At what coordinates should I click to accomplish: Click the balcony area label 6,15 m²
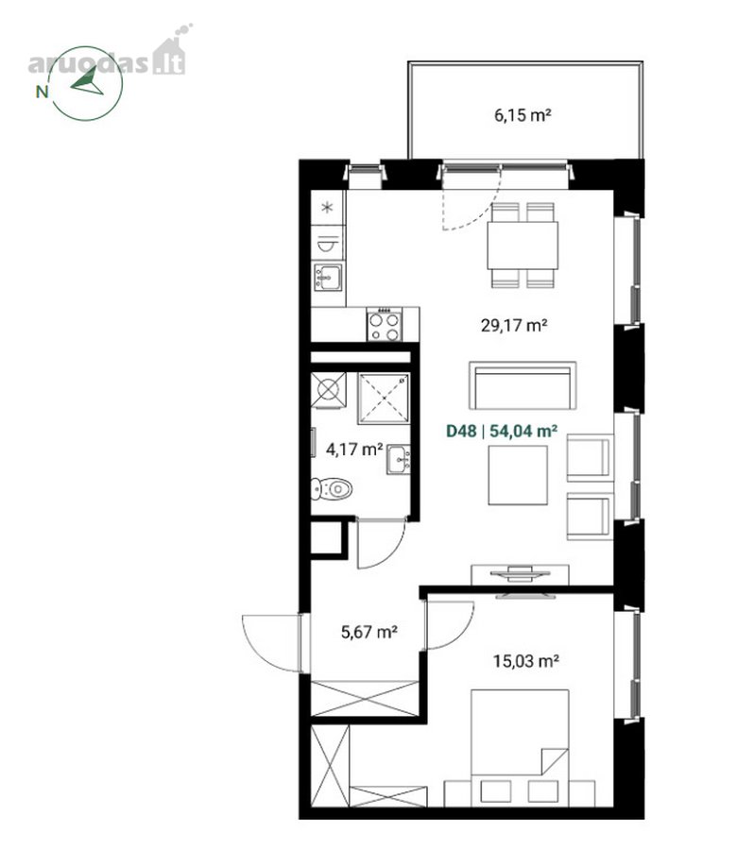523,115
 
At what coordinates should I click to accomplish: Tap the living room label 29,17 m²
514,325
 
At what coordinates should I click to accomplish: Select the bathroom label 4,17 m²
354,450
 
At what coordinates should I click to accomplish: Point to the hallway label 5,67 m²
369,632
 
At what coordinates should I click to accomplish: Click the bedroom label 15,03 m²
525,661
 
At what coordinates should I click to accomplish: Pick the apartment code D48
461,431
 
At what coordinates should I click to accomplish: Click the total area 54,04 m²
523,431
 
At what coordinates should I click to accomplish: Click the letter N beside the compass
42,92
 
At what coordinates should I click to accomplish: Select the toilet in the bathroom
332,489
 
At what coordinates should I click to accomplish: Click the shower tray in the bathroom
384,399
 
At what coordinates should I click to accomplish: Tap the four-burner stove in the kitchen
385,324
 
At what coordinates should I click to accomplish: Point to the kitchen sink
328,277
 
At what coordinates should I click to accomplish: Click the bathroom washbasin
398,460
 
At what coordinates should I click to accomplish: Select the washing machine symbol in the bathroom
328,390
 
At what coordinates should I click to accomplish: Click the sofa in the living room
523,385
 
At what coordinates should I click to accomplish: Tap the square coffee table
518,475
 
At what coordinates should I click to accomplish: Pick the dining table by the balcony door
523,246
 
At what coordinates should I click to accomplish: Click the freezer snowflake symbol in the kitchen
327,207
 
